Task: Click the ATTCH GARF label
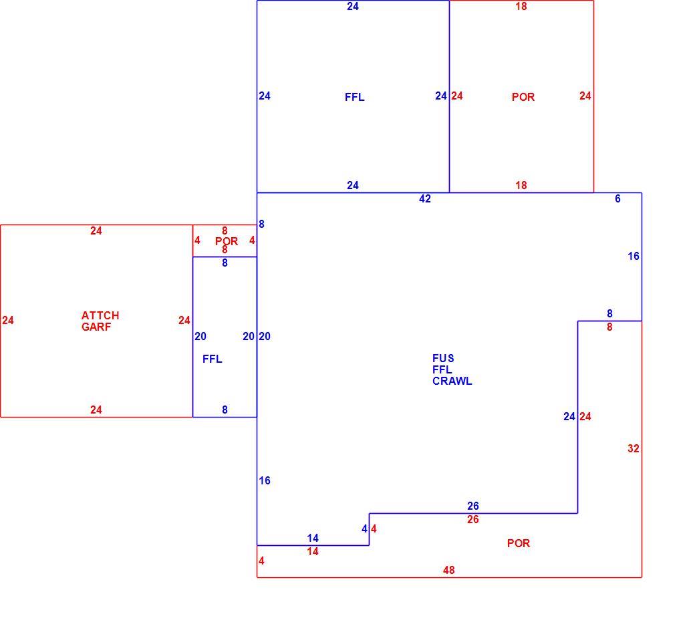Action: (x=100, y=321)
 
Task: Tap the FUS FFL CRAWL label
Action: (x=452, y=369)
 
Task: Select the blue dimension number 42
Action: (x=424, y=199)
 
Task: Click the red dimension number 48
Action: (x=448, y=571)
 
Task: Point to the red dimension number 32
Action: (x=634, y=448)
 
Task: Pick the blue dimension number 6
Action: (x=617, y=199)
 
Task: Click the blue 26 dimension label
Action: (x=473, y=506)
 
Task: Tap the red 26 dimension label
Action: (x=473, y=519)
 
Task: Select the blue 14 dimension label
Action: (x=313, y=538)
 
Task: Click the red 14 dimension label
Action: (x=313, y=552)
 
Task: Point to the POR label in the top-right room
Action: (x=523, y=97)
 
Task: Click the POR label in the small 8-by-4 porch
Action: (x=227, y=242)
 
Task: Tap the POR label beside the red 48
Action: (x=519, y=543)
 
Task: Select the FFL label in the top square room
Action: (x=355, y=97)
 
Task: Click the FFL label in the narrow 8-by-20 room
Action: (x=213, y=359)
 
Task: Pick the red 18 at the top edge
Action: (x=521, y=6)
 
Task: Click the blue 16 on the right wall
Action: (x=634, y=256)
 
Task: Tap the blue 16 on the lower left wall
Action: (x=265, y=481)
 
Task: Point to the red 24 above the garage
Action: (x=96, y=231)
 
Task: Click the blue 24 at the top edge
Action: (x=353, y=6)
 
